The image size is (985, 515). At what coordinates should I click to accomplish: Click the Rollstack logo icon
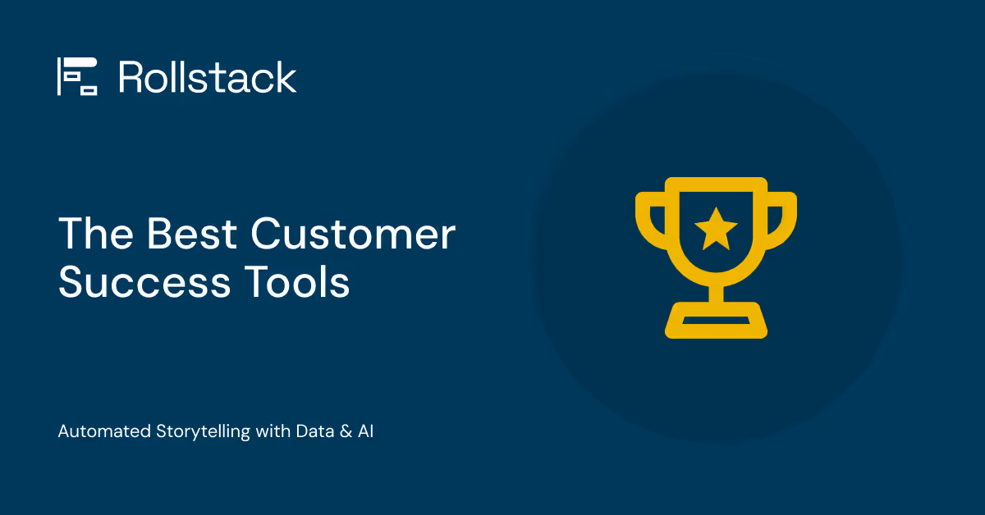[77, 77]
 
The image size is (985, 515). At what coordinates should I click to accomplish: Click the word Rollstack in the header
[208, 77]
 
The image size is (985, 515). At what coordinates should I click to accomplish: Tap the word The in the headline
[94, 235]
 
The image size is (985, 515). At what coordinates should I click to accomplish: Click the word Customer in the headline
[353, 235]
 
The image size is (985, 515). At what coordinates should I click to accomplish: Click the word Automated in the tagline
[104, 431]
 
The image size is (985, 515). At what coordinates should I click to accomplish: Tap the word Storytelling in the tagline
[203, 432]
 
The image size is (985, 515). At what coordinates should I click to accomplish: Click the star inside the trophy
[716, 229]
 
